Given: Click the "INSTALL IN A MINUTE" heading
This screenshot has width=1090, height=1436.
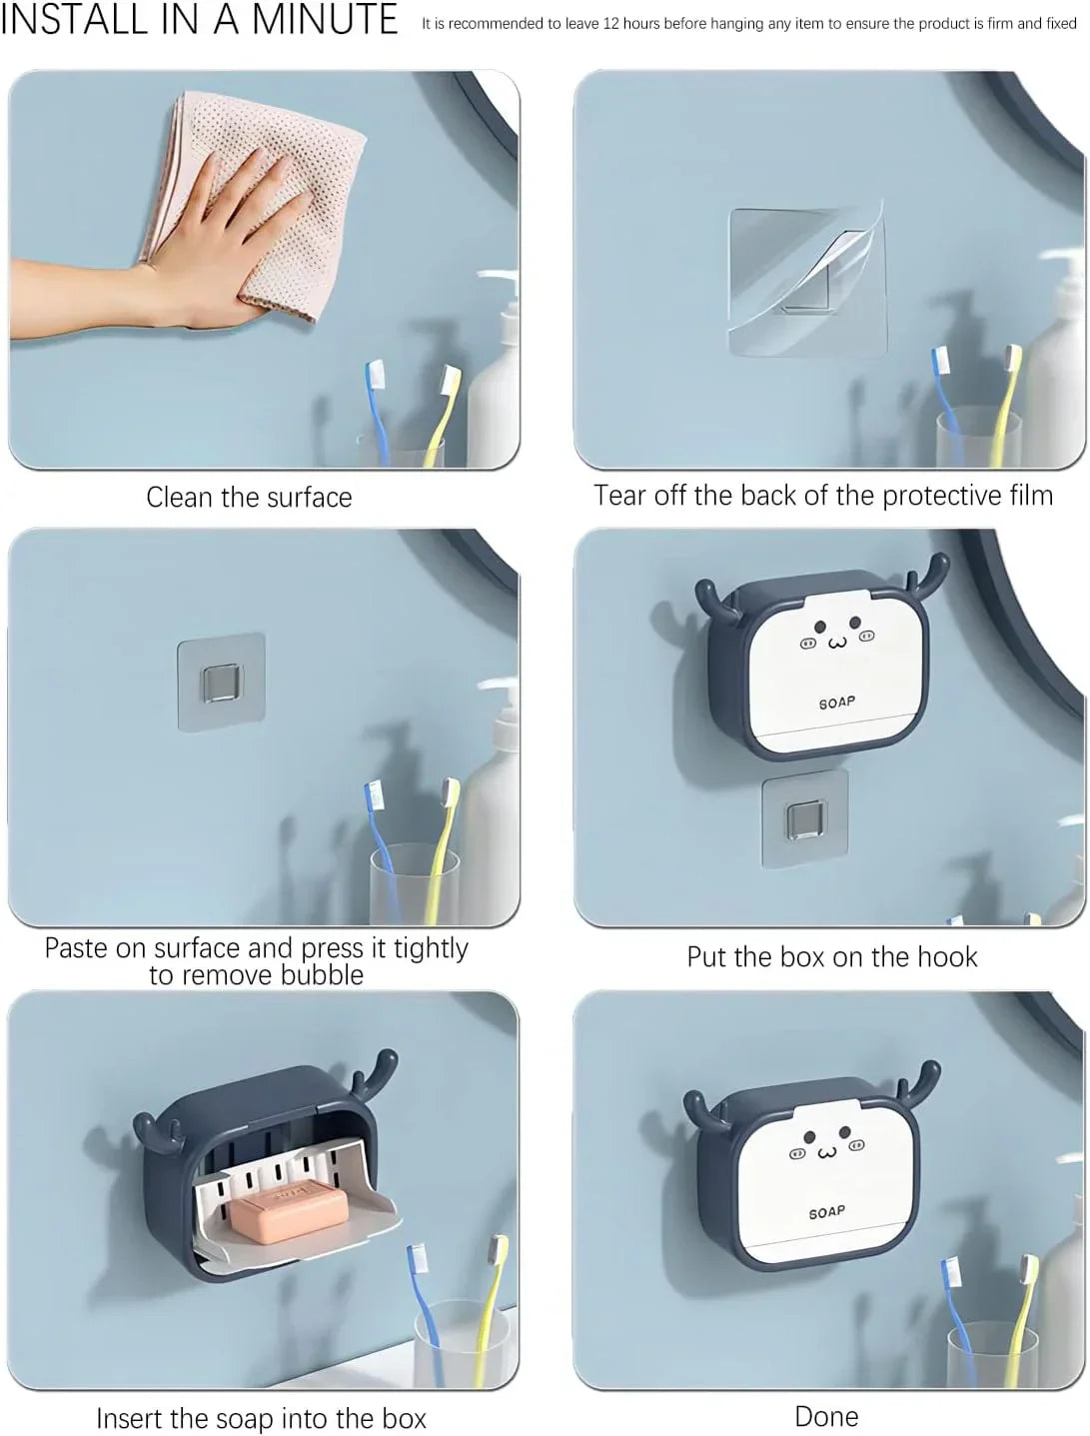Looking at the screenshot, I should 198,20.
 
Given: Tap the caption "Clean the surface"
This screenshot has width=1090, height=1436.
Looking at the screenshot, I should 249,497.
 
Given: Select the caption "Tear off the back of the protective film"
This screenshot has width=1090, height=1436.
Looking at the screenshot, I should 822,495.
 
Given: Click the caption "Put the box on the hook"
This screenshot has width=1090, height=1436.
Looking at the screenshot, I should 831,956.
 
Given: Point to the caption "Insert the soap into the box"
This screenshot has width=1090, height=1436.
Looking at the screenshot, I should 261,1417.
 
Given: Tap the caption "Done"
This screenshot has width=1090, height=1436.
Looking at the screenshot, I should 826,1415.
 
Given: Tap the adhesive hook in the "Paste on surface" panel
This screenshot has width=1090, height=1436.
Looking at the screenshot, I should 221,682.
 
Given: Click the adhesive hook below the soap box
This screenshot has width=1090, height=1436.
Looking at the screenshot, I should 804,818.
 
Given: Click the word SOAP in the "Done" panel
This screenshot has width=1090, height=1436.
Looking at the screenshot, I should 826,1211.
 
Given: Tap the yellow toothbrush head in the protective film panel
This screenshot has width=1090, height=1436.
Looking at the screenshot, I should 1012,361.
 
